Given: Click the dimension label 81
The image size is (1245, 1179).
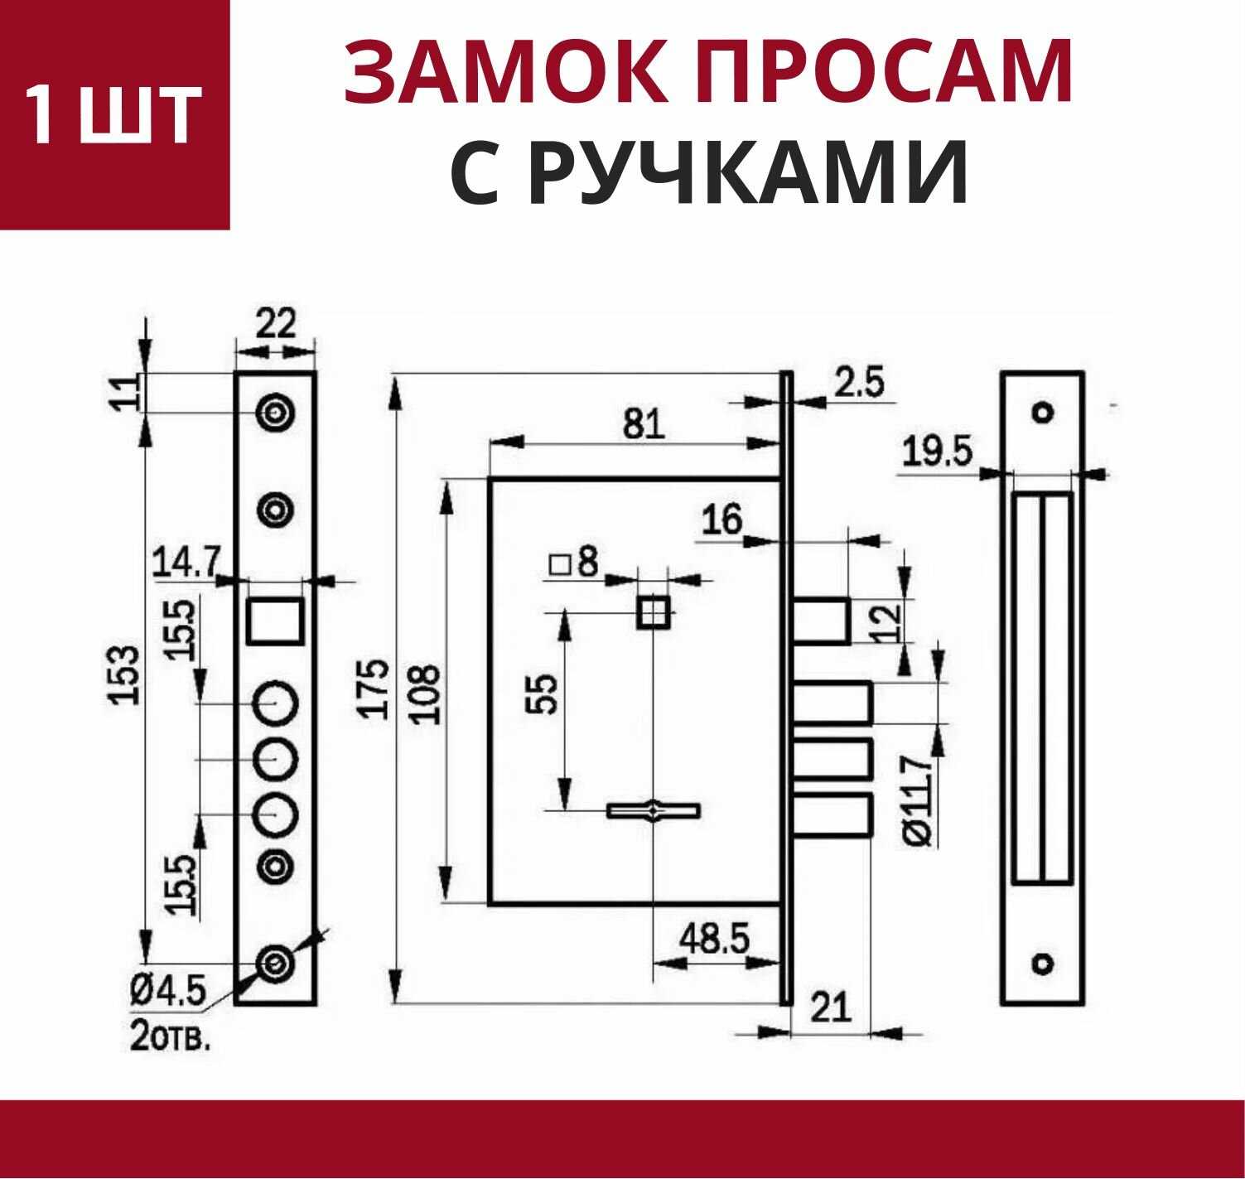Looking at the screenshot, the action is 644,425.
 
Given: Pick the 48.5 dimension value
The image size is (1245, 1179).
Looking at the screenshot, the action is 714,940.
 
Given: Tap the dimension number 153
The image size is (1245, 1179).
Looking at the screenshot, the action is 126,675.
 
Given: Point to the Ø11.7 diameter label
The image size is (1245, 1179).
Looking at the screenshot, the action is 919,799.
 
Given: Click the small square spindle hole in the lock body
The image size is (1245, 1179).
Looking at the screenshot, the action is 653,614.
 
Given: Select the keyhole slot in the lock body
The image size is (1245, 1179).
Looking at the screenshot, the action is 654,810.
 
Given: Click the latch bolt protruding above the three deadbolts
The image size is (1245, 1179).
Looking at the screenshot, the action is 822,620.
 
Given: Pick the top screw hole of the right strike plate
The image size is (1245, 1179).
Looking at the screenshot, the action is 1042,412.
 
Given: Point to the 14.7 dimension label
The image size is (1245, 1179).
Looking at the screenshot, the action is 185,564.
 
